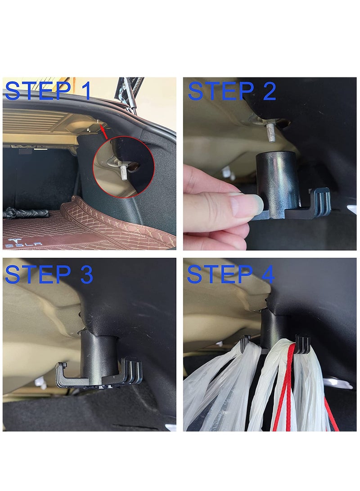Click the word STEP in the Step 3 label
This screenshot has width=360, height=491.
pyautogui.click(x=38, y=274)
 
